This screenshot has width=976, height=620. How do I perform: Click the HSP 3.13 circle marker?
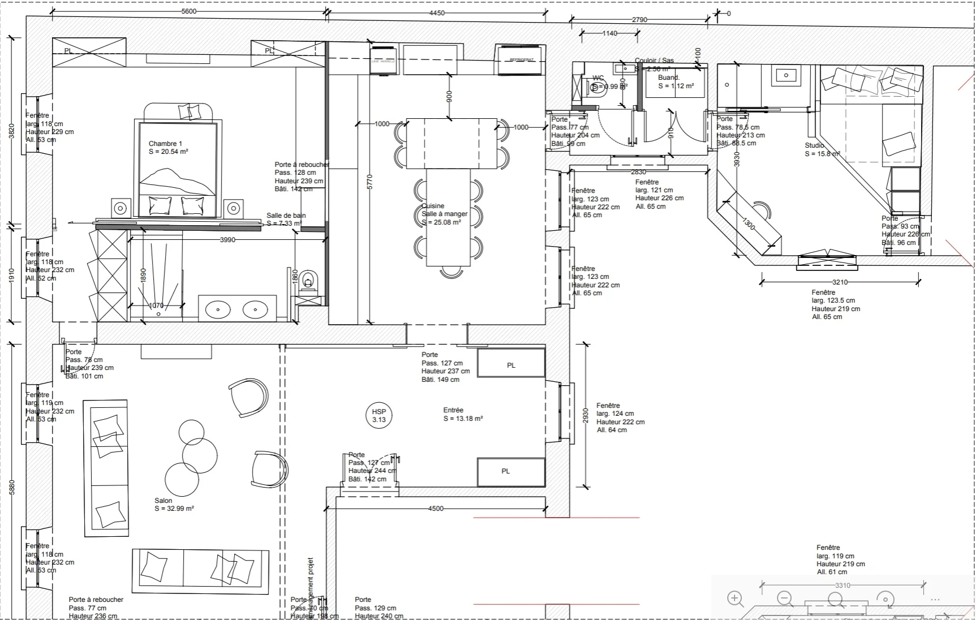pos(379,416)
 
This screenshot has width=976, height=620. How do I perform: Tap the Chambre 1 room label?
pos(165,144)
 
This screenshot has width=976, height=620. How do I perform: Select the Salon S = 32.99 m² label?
pos(174,505)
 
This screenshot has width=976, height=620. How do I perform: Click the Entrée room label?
pos(454,410)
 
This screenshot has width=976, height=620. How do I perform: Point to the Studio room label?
pos(814,145)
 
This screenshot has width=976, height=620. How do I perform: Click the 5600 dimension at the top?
pos(189,11)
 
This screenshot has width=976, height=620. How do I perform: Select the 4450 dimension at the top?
pos(437,13)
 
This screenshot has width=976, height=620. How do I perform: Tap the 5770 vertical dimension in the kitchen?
pos(370,182)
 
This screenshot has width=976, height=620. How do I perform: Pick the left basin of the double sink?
pos(218,309)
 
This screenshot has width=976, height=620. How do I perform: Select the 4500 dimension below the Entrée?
pos(435,509)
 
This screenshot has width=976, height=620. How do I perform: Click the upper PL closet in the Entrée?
pos(511,364)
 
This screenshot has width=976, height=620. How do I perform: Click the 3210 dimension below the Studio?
pos(840,282)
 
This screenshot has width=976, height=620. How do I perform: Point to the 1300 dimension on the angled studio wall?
pos(748,224)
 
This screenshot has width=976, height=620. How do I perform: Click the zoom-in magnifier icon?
pos(735,598)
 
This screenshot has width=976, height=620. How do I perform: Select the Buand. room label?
pos(668,77)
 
